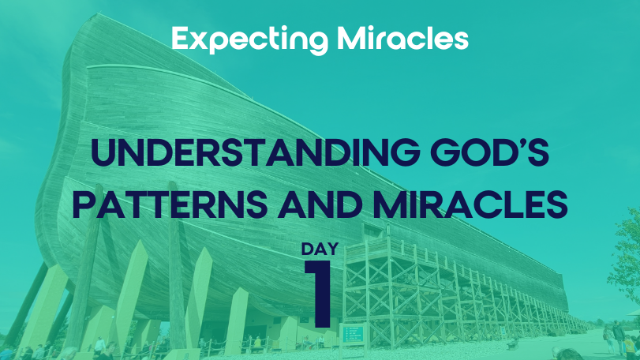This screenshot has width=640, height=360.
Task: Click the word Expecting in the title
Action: pyautogui.click(x=250, y=40)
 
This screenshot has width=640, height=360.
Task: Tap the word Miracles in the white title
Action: pyautogui.click(x=402, y=38)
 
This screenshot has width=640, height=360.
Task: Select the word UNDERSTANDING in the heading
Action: pyautogui.click(x=255, y=152)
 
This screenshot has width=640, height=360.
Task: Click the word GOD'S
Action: pyautogui.click(x=489, y=152)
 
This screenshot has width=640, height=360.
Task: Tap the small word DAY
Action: pyautogui.click(x=320, y=249)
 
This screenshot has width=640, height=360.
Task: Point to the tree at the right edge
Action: pyautogui.click(x=625, y=253)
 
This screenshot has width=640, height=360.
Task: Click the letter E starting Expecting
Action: pyautogui.click(x=180, y=38)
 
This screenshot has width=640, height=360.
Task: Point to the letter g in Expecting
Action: pyautogui.click(x=317, y=43)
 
